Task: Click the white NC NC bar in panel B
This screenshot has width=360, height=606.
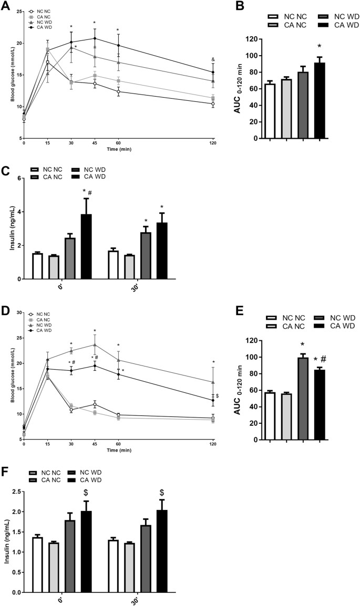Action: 270,111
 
